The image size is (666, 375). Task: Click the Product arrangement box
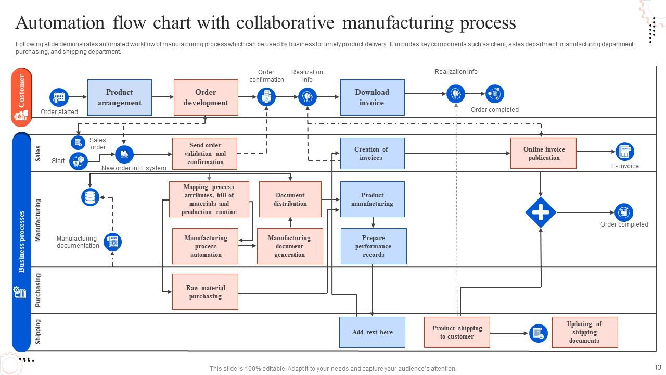tap(120, 97)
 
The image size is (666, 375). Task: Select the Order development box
tap(206, 97)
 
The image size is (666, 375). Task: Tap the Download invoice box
tap(372, 97)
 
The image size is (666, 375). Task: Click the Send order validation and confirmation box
tap(205, 154)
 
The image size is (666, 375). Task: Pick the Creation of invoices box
tap(372, 154)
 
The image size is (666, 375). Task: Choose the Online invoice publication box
tap(544, 153)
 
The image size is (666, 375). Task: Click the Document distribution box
tap(290, 199)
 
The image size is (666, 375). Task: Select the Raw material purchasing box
tap(205, 292)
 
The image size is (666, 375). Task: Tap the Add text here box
tap(372, 332)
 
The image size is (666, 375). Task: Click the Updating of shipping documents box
tap(584, 332)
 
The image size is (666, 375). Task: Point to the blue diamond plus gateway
tap(541, 213)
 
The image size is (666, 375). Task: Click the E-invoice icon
tap(624, 152)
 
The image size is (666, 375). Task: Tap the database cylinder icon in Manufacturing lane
tap(91, 197)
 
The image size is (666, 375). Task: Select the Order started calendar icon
tap(59, 97)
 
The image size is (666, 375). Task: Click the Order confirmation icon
tap(266, 97)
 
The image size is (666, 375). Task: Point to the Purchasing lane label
tap(38, 290)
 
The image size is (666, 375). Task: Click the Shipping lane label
tap(38, 332)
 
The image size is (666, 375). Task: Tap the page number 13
tap(658, 368)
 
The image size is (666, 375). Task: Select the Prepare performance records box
tap(374, 246)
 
